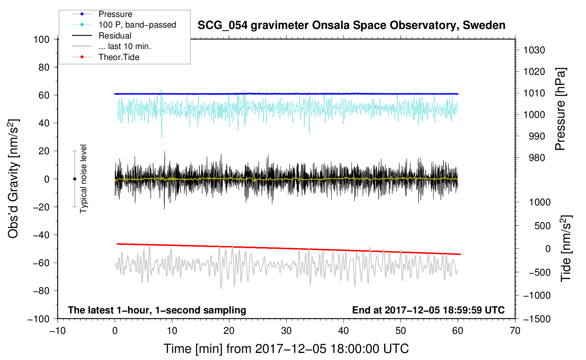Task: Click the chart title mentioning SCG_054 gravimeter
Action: tap(351, 25)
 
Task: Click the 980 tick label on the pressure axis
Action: tap(537, 158)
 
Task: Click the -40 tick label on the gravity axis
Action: tap(41, 235)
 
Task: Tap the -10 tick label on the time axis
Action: tap(58, 331)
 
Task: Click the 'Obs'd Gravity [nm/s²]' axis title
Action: tap(13, 179)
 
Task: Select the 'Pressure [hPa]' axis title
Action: tap(560, 109)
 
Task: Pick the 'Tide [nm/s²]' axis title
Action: tap(566, 248)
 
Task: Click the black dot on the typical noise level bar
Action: tap(74, 179)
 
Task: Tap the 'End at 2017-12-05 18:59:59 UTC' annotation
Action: tap(428, 310)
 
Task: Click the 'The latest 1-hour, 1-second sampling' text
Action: tap(157, 310)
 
